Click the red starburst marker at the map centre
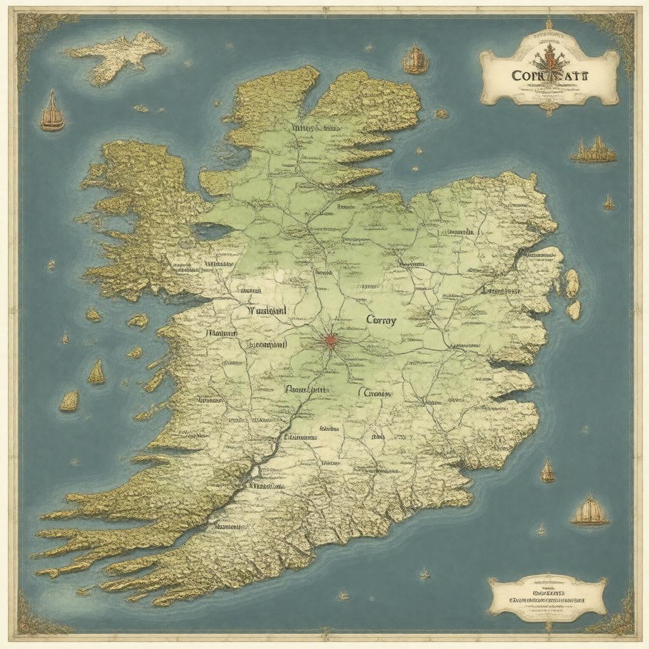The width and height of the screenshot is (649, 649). click(330, 341)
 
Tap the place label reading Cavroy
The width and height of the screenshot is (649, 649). click(381, 321)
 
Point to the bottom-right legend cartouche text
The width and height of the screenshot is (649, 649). click(547, 596)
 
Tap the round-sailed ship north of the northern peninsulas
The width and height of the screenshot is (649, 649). click(414, 60)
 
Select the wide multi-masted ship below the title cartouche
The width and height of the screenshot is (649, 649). click(594, 151)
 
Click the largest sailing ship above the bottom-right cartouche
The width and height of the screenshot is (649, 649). click(589, 511)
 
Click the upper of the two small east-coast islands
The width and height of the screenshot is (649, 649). click(572, 283)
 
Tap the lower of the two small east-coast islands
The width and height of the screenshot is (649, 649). click(574, 310)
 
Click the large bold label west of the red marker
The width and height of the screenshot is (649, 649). click(266, 311)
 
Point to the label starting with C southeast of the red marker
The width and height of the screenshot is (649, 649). click(376, 393)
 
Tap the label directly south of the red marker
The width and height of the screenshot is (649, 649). click(307, 390)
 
